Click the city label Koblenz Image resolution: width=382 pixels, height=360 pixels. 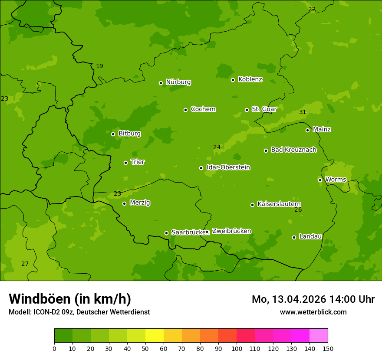[250, 79]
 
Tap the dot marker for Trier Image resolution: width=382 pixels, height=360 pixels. [125, 163]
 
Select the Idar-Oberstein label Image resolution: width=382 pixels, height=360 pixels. [228, 167]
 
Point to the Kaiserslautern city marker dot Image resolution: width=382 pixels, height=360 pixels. [252, 205]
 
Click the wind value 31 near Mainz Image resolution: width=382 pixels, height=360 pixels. [303, 112]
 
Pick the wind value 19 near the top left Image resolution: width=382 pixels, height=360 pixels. [99, 66]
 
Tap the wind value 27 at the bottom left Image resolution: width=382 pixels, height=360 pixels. [25, 264]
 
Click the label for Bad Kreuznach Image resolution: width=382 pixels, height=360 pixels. [293, 150]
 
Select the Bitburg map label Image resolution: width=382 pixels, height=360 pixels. [129, 134]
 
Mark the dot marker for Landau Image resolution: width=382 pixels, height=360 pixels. [294, 237]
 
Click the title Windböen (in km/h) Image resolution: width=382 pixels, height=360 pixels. [70, 299]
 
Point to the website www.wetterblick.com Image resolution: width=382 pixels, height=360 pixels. [313, 312]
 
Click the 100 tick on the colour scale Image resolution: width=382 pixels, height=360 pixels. [237, 348]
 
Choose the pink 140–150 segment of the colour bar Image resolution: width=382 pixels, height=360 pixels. [319, 336]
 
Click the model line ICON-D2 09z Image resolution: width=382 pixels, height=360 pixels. [79, 312]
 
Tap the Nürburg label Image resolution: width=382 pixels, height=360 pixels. [178, 82]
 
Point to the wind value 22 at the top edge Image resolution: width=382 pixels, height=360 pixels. [312, 10]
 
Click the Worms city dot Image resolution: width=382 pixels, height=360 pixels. [320, 180]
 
